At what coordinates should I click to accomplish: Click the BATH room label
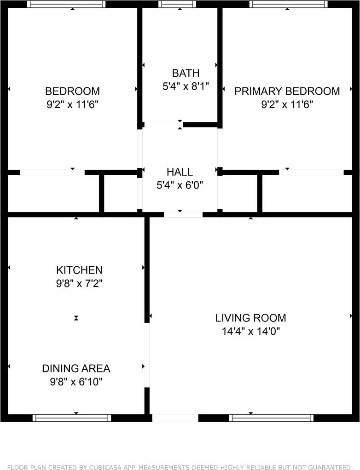pyautogui.click(x=186, y=73)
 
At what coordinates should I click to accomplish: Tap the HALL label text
pyautogui.click(x=180, y=172)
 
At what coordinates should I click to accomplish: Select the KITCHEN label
pyautogui.click(x=80, y=270)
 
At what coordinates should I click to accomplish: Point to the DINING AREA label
pyautogui.click(x=76, y=368)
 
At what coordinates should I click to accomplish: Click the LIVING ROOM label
pyautogui.click(x=251, y=318)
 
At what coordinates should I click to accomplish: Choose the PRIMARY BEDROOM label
pyautogui.click(x=287, y=91)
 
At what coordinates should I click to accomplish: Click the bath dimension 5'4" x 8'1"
pyautogui.click(x=186, y=86)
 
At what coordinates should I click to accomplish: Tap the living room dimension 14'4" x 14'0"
pyautogui.click(x=251, y=331)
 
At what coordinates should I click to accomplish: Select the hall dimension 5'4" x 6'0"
pyautogui.click(x=180, y=185)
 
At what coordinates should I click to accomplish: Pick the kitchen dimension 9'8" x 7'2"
pyautogui.click(x=80, y=283)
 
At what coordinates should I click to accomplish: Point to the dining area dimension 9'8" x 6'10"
pyautogui.click(x=76, y=382)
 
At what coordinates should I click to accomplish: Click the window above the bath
pyautogui.click(x=177, y=4)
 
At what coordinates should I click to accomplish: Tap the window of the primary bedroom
pyautogui.click(x=288, y=4)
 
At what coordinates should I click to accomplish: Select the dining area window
pyautogui.click(x=72, y=418)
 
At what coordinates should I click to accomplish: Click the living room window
pyautogui.click(x=271, y=418)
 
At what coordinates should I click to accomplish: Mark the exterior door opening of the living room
pyautogui.click(x=175, y=418)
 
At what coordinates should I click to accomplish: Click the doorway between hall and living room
pyautogui.click(x=183, y=214)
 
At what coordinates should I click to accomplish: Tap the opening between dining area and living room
pyautogui.click(x=147, y=355)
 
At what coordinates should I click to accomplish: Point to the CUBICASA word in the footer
pyautogui.click(x=105, y=467)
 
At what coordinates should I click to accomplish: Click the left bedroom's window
pyautogui.click(x=66, y=4)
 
